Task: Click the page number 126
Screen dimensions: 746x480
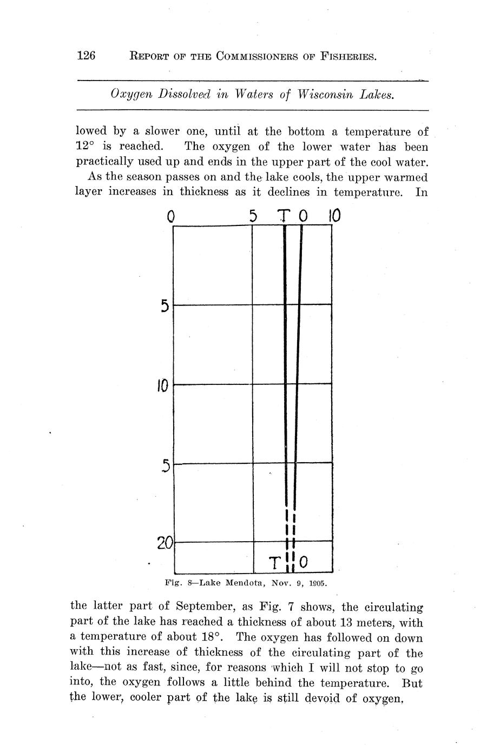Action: [87, 55]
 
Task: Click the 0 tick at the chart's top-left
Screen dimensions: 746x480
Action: [171, 217]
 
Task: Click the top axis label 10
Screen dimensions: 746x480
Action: [334, 216]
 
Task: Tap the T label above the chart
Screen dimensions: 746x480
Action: [284, 216]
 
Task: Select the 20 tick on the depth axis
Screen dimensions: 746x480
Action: [165, 543]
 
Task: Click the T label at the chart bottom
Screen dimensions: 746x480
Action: [275, 563]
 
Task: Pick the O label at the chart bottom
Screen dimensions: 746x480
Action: [304, 563]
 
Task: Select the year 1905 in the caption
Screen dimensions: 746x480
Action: [318, 583]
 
